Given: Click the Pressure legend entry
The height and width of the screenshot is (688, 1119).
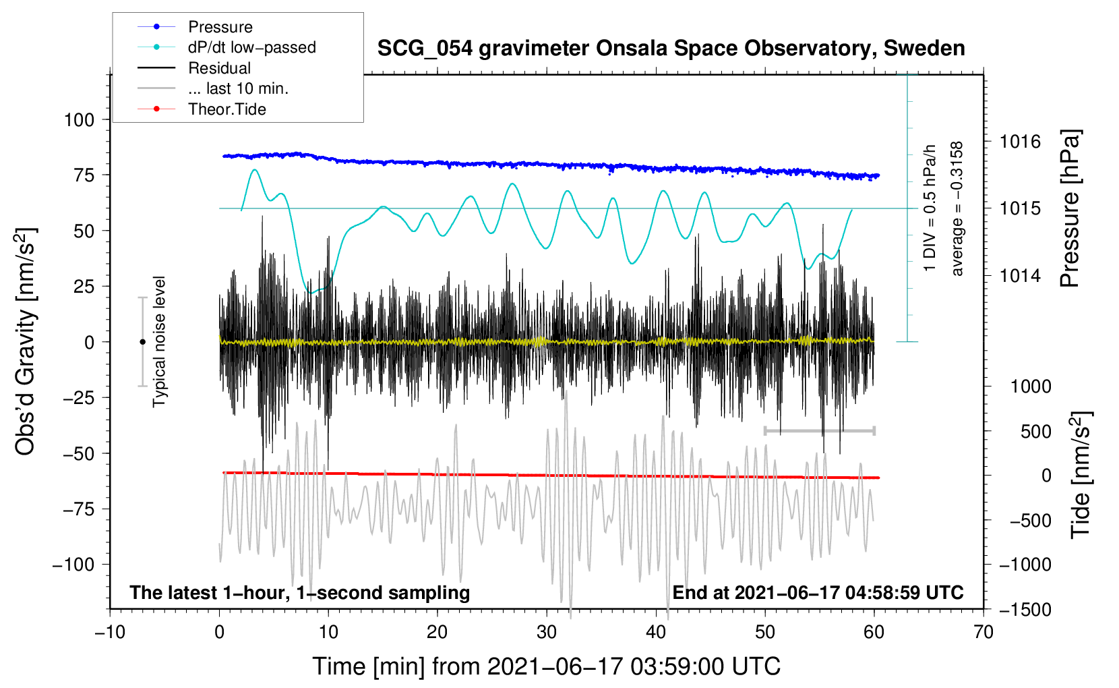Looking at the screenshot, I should coord(220,27).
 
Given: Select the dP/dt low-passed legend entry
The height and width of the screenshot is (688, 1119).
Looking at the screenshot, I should coord(251,47).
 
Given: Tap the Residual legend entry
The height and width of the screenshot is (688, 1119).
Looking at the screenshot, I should coord(219,68).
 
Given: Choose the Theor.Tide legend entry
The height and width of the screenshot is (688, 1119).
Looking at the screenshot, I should coord(226,109).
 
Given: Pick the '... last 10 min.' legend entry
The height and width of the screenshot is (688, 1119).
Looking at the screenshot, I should coord(238,88).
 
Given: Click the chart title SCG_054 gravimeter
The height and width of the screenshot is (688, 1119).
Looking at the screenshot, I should coord(671,49).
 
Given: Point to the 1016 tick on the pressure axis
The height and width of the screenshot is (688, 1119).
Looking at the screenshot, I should coord(1020,142).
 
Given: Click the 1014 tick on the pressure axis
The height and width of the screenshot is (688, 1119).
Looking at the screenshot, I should coord(1020,275).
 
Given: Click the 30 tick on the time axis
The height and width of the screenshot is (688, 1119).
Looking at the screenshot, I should coord(547,632).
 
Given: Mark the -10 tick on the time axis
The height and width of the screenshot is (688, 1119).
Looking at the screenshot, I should coord(110,632).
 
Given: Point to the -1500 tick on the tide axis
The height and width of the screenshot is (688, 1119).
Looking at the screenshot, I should coord(1025,610).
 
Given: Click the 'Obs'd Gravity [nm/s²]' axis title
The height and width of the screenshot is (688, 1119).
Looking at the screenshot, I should coord(26,342).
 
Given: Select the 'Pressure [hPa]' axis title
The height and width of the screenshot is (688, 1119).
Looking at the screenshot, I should coord(1070,209).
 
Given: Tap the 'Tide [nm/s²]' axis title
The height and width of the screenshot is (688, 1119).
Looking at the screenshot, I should coord(1081,475).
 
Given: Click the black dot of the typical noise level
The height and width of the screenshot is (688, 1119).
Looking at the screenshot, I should coord(142,342).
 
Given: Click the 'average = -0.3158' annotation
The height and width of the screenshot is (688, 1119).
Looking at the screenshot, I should coord(957,209).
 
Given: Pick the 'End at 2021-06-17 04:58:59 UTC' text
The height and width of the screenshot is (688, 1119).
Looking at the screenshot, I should coord(818,593).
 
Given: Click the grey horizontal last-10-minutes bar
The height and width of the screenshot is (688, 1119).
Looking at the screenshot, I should coord(819,430).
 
